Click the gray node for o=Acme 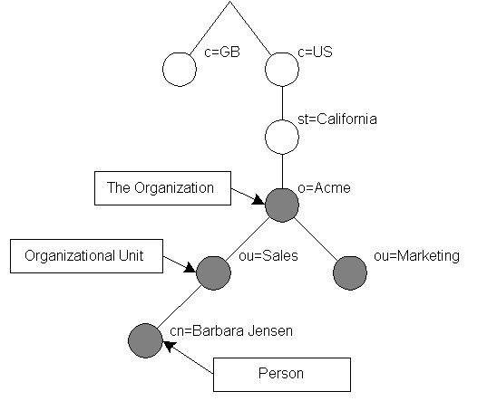coord(282,205)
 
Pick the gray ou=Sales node coord(213,273)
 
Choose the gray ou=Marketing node coord(350,273)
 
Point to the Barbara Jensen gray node coord(145,340)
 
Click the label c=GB coord(222,52)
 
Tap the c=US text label coord(316,52)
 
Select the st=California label coord(337,119)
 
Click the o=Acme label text coord(324,188)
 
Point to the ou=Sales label coord(268,255)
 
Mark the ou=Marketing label coord(416,255)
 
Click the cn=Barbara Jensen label coord(231,330)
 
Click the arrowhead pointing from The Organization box coord(258,201)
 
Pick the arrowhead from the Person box coord(168,346)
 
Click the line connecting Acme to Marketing coord(315,239)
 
